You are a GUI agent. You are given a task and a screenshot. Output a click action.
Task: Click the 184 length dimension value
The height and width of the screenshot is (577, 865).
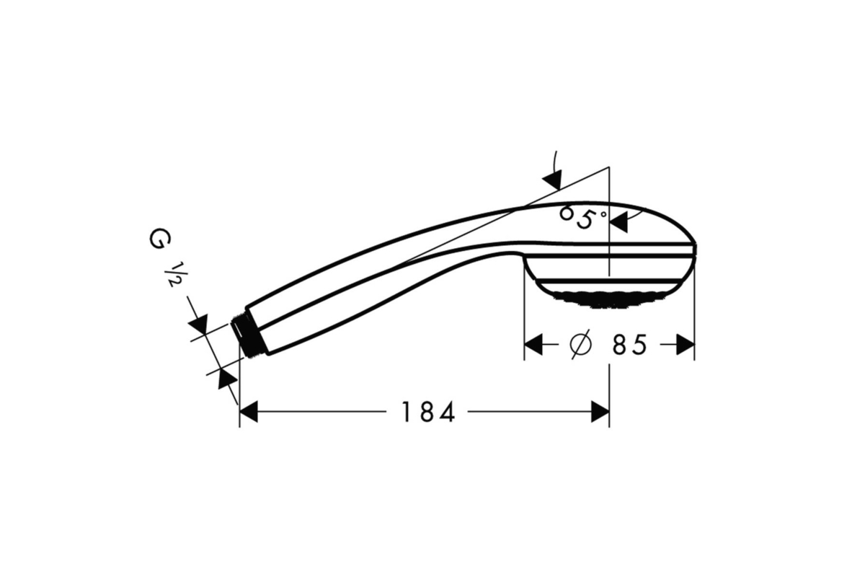(x=428, y=412)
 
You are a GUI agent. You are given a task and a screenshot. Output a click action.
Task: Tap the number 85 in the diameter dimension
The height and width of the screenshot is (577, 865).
(x=629, y=345)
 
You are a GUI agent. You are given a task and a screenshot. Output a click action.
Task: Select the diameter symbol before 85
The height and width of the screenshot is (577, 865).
(x=580, y=344)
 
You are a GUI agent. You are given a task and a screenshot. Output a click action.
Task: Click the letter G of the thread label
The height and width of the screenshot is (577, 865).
(x=160, y=239)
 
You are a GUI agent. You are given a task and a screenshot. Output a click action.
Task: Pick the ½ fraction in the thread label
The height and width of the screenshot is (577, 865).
(x=176, y=273)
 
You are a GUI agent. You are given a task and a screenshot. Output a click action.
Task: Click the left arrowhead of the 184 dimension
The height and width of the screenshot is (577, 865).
(x=249, y=412)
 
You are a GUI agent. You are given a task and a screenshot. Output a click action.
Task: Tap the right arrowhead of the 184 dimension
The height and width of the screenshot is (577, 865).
(x=600, y=412)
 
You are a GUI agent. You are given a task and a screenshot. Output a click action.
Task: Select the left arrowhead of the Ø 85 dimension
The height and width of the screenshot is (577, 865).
(x=533, y=344)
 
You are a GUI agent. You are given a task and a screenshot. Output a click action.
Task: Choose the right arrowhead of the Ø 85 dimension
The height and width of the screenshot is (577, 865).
(x=686, y=344)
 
